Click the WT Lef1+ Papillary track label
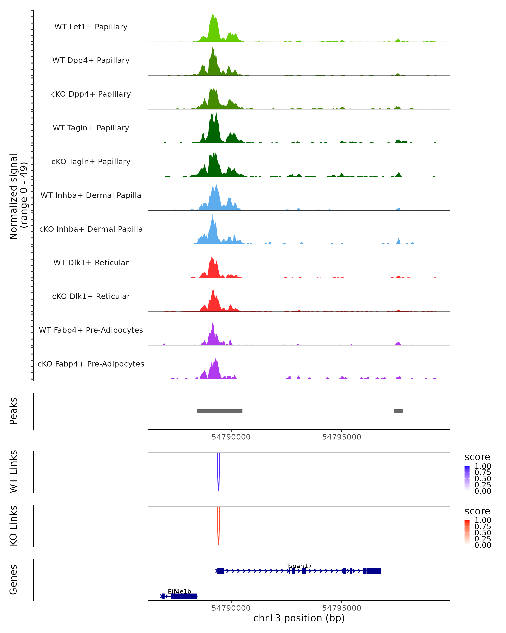click(x=91, y=27)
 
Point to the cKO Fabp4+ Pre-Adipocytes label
click(x=91, y=364)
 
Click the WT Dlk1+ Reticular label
click(x=91, y=262)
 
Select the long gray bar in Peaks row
click(x=219, y=411)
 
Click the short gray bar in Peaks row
click(x=398, y=411)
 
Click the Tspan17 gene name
click(x=299, y=566)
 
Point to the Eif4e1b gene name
click(x=179, y=591)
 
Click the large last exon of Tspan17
click(x=374, y=571)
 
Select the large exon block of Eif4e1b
click(x=184, y=596)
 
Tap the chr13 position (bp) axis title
click(x=299, y=618)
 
